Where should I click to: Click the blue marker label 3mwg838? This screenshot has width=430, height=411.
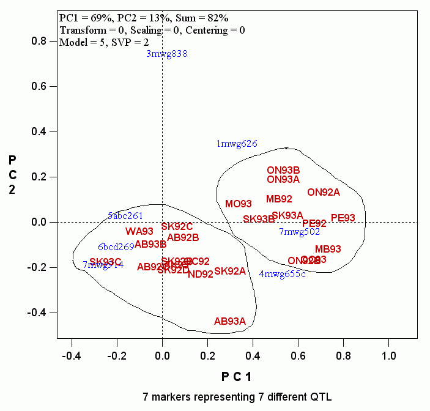click(166, 54)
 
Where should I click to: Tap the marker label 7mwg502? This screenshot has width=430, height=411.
click(299, 232)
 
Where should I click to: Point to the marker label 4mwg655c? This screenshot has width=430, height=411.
click(282, 273)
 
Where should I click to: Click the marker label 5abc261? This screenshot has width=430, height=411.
click(125, 215)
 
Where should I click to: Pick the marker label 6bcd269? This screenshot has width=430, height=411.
click(116, 247)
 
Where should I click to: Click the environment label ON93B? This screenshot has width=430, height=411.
click(283, 170)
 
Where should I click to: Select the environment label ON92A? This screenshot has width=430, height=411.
click(324, 192)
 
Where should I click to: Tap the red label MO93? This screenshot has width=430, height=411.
click(239, 204)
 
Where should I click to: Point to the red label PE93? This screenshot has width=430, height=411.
click(343, 218)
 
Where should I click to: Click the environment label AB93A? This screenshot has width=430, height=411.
click(230, 321)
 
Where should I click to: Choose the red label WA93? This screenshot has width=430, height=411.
click(139, 231)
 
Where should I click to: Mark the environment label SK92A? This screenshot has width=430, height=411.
click(230, 271)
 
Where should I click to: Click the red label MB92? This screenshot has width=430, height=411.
click(279, 199)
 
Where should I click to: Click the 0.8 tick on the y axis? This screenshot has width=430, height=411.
click(40, 41)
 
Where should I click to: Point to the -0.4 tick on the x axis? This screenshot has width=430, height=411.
click(72, 354)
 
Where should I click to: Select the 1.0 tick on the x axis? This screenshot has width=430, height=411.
click(388, 354)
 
